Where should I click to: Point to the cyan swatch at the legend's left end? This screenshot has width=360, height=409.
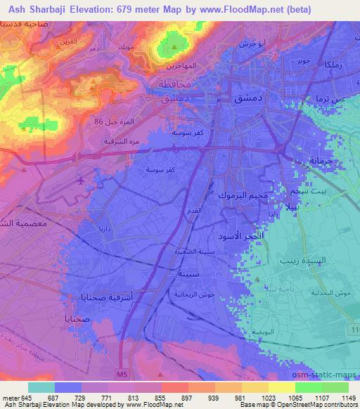41,387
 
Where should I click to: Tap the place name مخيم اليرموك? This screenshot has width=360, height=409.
243,195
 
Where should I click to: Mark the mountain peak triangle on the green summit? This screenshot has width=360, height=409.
174,47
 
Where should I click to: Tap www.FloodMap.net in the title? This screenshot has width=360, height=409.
240,8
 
